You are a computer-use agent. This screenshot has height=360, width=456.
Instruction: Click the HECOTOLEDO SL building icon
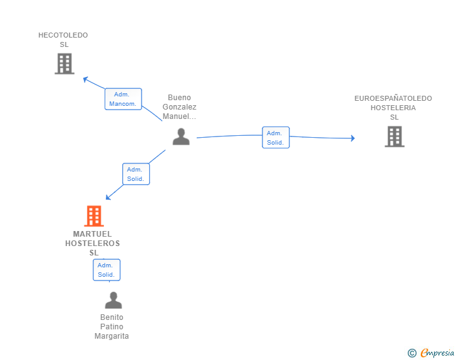tap(64, 64)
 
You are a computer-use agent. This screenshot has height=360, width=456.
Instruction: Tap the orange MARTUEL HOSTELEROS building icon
tap(93, 216)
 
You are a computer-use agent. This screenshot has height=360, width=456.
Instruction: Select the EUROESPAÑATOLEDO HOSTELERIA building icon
tap(394, 136)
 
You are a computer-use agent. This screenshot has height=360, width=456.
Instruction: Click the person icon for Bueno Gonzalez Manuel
tap(181, 136)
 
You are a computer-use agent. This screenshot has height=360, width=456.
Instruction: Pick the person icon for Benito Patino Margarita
tap(113, 301)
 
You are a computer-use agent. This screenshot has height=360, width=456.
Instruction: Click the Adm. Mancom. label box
tap(123, 99)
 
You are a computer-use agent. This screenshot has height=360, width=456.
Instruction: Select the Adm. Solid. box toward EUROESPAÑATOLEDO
tap(275, 138)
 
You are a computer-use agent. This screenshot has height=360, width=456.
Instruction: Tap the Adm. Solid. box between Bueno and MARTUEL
tap(135, 173)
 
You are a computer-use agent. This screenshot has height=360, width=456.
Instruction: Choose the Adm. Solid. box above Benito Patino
tap(106, 270)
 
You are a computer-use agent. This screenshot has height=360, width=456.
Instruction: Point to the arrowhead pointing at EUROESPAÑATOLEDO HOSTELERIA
tap(352, 138)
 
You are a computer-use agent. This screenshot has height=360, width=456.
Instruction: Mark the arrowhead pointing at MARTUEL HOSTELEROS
tap(108, 197)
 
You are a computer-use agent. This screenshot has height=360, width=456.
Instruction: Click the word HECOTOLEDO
tap(63, 35)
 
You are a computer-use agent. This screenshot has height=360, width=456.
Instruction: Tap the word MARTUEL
tap(92, 234)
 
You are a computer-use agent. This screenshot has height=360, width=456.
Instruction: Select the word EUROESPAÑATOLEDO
tap(393, 98)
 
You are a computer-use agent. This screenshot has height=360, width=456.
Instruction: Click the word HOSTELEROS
tap(92, 244)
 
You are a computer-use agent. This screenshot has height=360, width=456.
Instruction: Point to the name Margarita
tap(111, 336)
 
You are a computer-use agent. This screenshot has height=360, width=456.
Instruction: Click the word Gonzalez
tap(179, 107)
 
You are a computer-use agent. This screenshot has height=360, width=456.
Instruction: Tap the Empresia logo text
tap(437, 353)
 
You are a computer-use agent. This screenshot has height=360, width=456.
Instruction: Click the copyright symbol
tap(412, 353)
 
